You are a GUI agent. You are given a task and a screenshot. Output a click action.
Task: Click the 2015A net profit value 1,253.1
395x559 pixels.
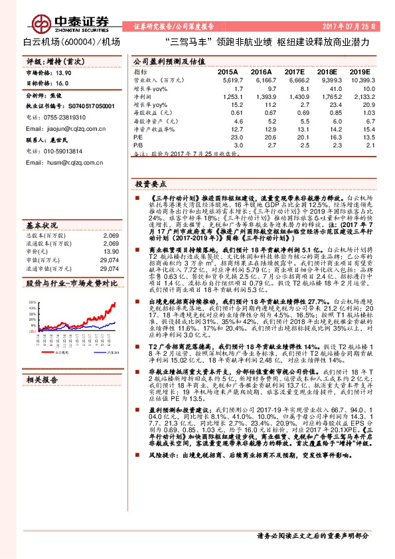pyautogui.click(x=227, y=96)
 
